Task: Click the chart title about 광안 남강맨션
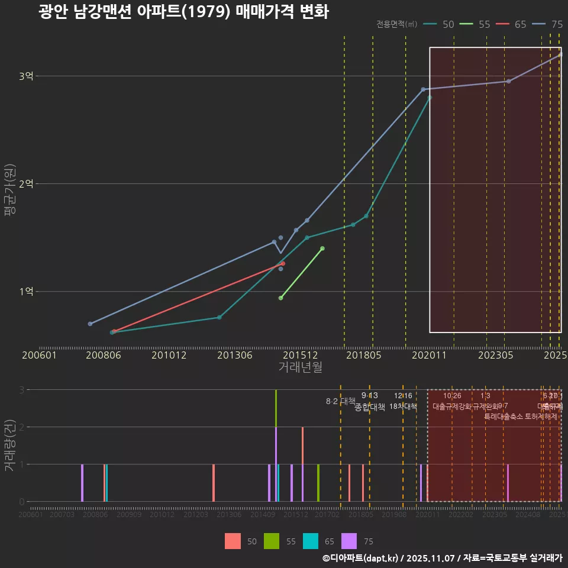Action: pos(183,12)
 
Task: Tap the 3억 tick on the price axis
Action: pos(26,76)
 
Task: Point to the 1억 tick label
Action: pos(26,292)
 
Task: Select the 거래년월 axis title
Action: pos(300,367)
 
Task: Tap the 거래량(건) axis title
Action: pos(9,446)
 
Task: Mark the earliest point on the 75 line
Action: pos(90,324)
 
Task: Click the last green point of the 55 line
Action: pos(322,248)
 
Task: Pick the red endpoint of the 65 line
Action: pos(283,263)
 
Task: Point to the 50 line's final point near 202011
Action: pos(430,98)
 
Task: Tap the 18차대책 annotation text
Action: pos(403,406)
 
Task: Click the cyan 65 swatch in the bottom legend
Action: pos(311,541)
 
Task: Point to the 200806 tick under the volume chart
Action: pos(95,515)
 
